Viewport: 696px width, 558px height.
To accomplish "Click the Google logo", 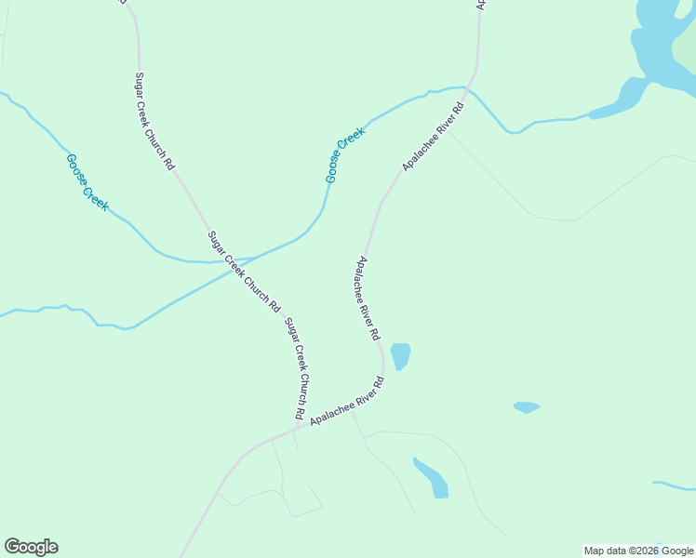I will coord(31,547).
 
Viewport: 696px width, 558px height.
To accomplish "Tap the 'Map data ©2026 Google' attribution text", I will coord(639,551).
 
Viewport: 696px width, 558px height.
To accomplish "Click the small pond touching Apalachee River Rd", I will coord(400,355).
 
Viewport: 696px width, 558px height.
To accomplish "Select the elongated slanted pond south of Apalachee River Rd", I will coord(432,478).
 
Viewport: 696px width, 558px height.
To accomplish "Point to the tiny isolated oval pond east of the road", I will coord(527,407).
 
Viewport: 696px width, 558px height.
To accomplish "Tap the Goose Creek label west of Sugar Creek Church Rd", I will coord(87,182).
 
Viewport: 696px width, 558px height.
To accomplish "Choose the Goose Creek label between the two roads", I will coord(345,153).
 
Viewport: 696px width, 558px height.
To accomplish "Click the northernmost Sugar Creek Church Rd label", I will coord(154,121).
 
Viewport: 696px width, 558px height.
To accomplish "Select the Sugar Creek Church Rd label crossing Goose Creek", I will coord(244,271).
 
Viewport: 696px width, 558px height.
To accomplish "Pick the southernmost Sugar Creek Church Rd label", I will coord(296,367).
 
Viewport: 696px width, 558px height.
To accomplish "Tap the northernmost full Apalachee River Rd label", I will coord(433,136).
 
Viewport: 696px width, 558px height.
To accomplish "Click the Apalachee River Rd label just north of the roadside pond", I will coord(368,298).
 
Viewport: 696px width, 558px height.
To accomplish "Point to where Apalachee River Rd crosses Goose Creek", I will coord(469,89).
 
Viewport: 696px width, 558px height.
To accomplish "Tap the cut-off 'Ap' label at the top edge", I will coord(481,5).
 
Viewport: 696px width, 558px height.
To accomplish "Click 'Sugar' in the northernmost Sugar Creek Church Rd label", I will coord(141,84).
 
